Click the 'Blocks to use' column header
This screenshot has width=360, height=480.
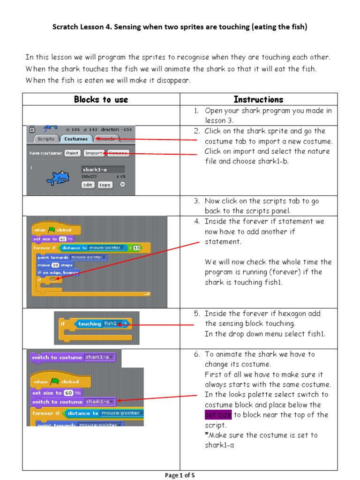coord(101,99)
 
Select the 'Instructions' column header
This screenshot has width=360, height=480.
coord(258,99)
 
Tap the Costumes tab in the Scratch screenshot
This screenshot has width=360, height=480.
coord(76,139)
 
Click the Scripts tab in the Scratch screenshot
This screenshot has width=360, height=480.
coord(46,139)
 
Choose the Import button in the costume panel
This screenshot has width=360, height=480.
coord(94,153)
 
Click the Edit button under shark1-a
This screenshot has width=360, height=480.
coord(88,185)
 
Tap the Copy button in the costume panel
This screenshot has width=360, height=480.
coord(105,185)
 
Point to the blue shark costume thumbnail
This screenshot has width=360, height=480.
coord(57,177)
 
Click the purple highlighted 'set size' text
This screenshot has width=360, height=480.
coord(218,415)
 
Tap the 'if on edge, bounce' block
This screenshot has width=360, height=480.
coord(58,272)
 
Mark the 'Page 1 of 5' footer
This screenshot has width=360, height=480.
coord(180,475)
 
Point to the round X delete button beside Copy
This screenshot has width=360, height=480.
coord(122,185)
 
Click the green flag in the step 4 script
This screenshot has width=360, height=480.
coord(51,230)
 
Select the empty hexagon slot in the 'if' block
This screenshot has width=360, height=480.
coord(52,279)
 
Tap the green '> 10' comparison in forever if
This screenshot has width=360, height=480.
coord(134,248)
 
